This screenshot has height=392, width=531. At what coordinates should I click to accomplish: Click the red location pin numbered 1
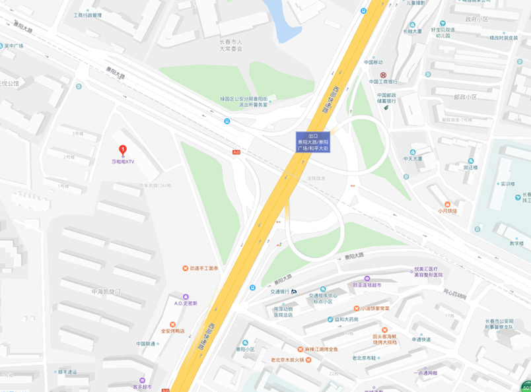tap(122, 150)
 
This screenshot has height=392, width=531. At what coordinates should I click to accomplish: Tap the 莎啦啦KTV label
tap(122, 162)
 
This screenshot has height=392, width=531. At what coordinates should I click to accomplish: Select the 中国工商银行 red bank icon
tap(382, 75)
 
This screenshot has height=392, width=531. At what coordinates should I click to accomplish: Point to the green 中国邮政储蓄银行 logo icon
tap(386, 108)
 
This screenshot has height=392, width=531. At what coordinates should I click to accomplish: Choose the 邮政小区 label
tap(465, 96)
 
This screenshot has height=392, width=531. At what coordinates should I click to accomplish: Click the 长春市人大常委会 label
tap(231, 45)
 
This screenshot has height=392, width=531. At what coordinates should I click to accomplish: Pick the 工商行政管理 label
tap(88, 15)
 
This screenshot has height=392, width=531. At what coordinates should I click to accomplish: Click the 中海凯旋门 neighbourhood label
tap(106, 291)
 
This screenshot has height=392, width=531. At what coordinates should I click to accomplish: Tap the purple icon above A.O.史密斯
tap(186, 296)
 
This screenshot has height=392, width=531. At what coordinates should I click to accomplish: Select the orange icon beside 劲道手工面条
tap(185, 269)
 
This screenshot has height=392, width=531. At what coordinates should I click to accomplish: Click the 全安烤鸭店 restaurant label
tap(173, 331)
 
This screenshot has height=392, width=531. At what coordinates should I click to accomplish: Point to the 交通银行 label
tap(280, 291)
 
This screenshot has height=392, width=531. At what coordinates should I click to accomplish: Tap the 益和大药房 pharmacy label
tap(346, 319)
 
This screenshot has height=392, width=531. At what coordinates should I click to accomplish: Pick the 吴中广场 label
tap(14, 46)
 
